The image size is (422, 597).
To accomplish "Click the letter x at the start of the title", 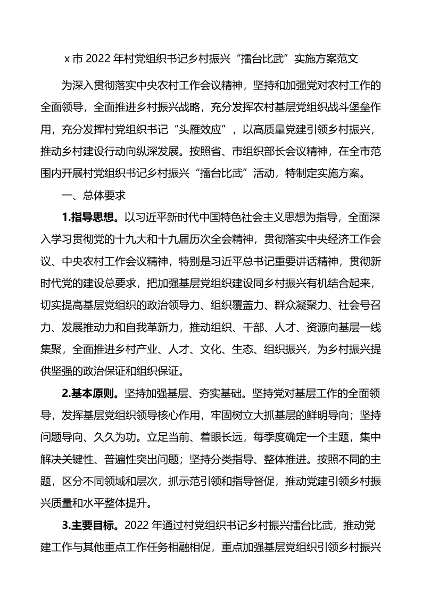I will pos(67,60).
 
